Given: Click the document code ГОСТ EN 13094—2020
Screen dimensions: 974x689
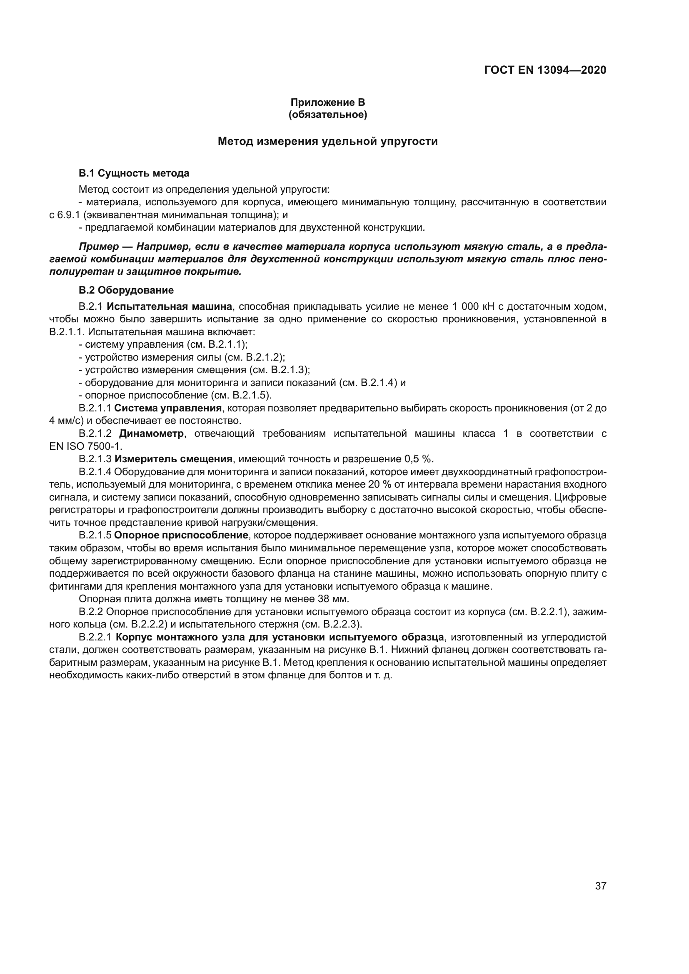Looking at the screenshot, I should [x=545, y=70].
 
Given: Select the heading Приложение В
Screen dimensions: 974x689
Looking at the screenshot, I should [x=327, y=102].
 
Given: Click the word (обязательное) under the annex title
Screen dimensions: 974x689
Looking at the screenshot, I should [x=327, y=115].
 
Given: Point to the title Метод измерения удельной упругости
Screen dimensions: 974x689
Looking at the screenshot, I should [x=327, y=141].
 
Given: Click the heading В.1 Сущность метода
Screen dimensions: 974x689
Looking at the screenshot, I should [x=134, y=173].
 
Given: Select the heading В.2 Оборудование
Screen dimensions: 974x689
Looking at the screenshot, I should [x=126, y=290].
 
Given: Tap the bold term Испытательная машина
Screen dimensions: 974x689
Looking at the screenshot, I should [x=169, y=306].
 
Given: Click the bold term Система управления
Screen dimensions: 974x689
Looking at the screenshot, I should [x=168, y=408].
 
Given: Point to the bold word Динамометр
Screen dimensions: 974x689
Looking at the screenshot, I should [x=151, y=433].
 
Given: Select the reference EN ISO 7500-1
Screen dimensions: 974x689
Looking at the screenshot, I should [x=85, y=446].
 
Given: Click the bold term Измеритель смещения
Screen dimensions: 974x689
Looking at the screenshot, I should [x=173, y=459].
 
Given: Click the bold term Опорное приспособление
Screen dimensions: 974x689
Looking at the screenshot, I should [x=181, y=536].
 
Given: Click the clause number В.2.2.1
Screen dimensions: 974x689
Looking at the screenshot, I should [x=95, y=637].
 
